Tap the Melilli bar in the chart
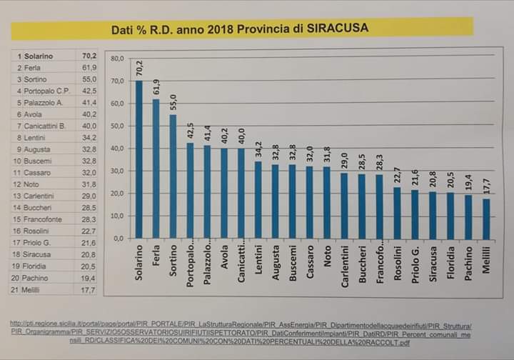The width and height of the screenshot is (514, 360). point(487,219)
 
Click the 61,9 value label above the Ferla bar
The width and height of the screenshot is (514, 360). point(156,88)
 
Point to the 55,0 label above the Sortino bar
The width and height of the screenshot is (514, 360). point(173,103)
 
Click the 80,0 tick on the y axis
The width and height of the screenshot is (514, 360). point(117,58)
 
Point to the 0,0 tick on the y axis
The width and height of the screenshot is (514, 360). point(119,238)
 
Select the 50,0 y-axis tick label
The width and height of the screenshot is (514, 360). point(117,126)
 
